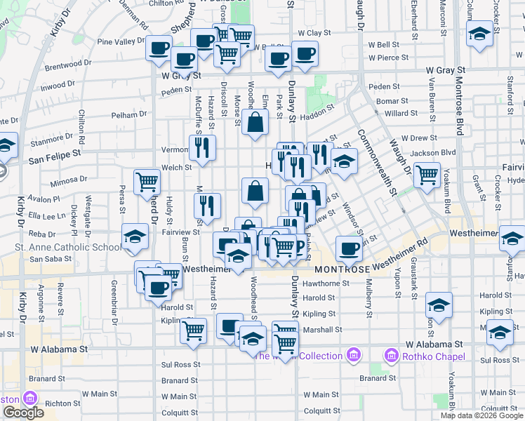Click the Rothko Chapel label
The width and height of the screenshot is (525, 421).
(434, 356)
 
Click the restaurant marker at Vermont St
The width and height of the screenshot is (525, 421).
(202, 148)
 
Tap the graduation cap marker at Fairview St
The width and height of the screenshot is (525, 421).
(135, 236)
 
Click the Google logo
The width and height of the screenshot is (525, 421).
(23, 413)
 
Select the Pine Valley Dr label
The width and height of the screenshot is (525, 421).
(121, 41)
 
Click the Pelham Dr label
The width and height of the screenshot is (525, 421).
(128, 114)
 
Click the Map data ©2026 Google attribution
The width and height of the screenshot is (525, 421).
(481, 415)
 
